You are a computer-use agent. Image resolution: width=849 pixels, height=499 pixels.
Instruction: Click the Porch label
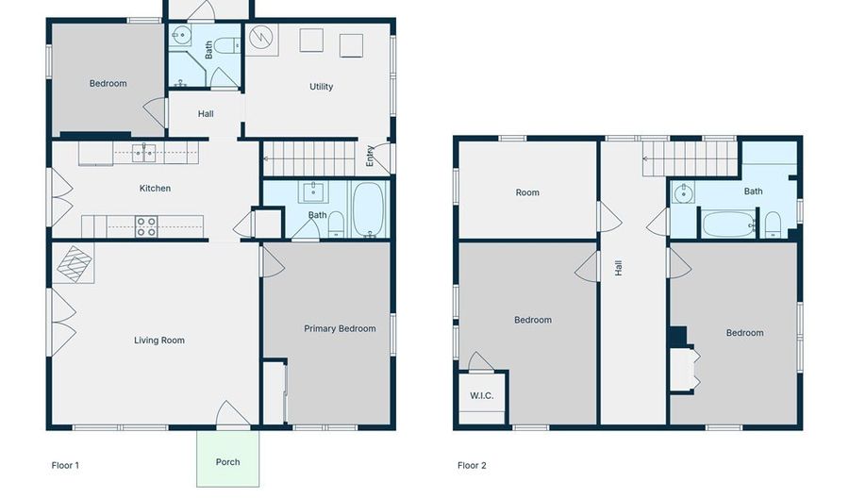[227, 462]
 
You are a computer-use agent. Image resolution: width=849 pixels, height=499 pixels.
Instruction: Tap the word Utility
[322, 87]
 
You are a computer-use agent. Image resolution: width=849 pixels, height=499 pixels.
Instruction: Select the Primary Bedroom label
[340, 329]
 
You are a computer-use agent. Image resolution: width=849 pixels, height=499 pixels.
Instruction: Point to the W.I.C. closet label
[482, 395]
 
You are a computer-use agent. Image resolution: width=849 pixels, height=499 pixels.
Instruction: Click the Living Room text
[159, 341]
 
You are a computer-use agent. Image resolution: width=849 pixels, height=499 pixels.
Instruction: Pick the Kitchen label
[156, 189]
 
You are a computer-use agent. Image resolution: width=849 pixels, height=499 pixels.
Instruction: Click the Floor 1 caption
[65, 465]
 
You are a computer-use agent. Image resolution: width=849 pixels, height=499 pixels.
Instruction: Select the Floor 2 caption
[472, 465]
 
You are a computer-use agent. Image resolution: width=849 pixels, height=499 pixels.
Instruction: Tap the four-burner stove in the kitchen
[146, 226]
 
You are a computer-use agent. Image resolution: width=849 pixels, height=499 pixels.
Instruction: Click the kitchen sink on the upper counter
[144, 152]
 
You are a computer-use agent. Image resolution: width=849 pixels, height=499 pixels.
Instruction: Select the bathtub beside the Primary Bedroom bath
[369, 209]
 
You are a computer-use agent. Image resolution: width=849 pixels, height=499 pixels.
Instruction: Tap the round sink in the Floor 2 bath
[683, 194]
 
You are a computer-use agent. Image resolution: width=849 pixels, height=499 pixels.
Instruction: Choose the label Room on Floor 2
[527, 192]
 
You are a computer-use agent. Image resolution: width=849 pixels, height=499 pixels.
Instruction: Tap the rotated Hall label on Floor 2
[619, 268]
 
